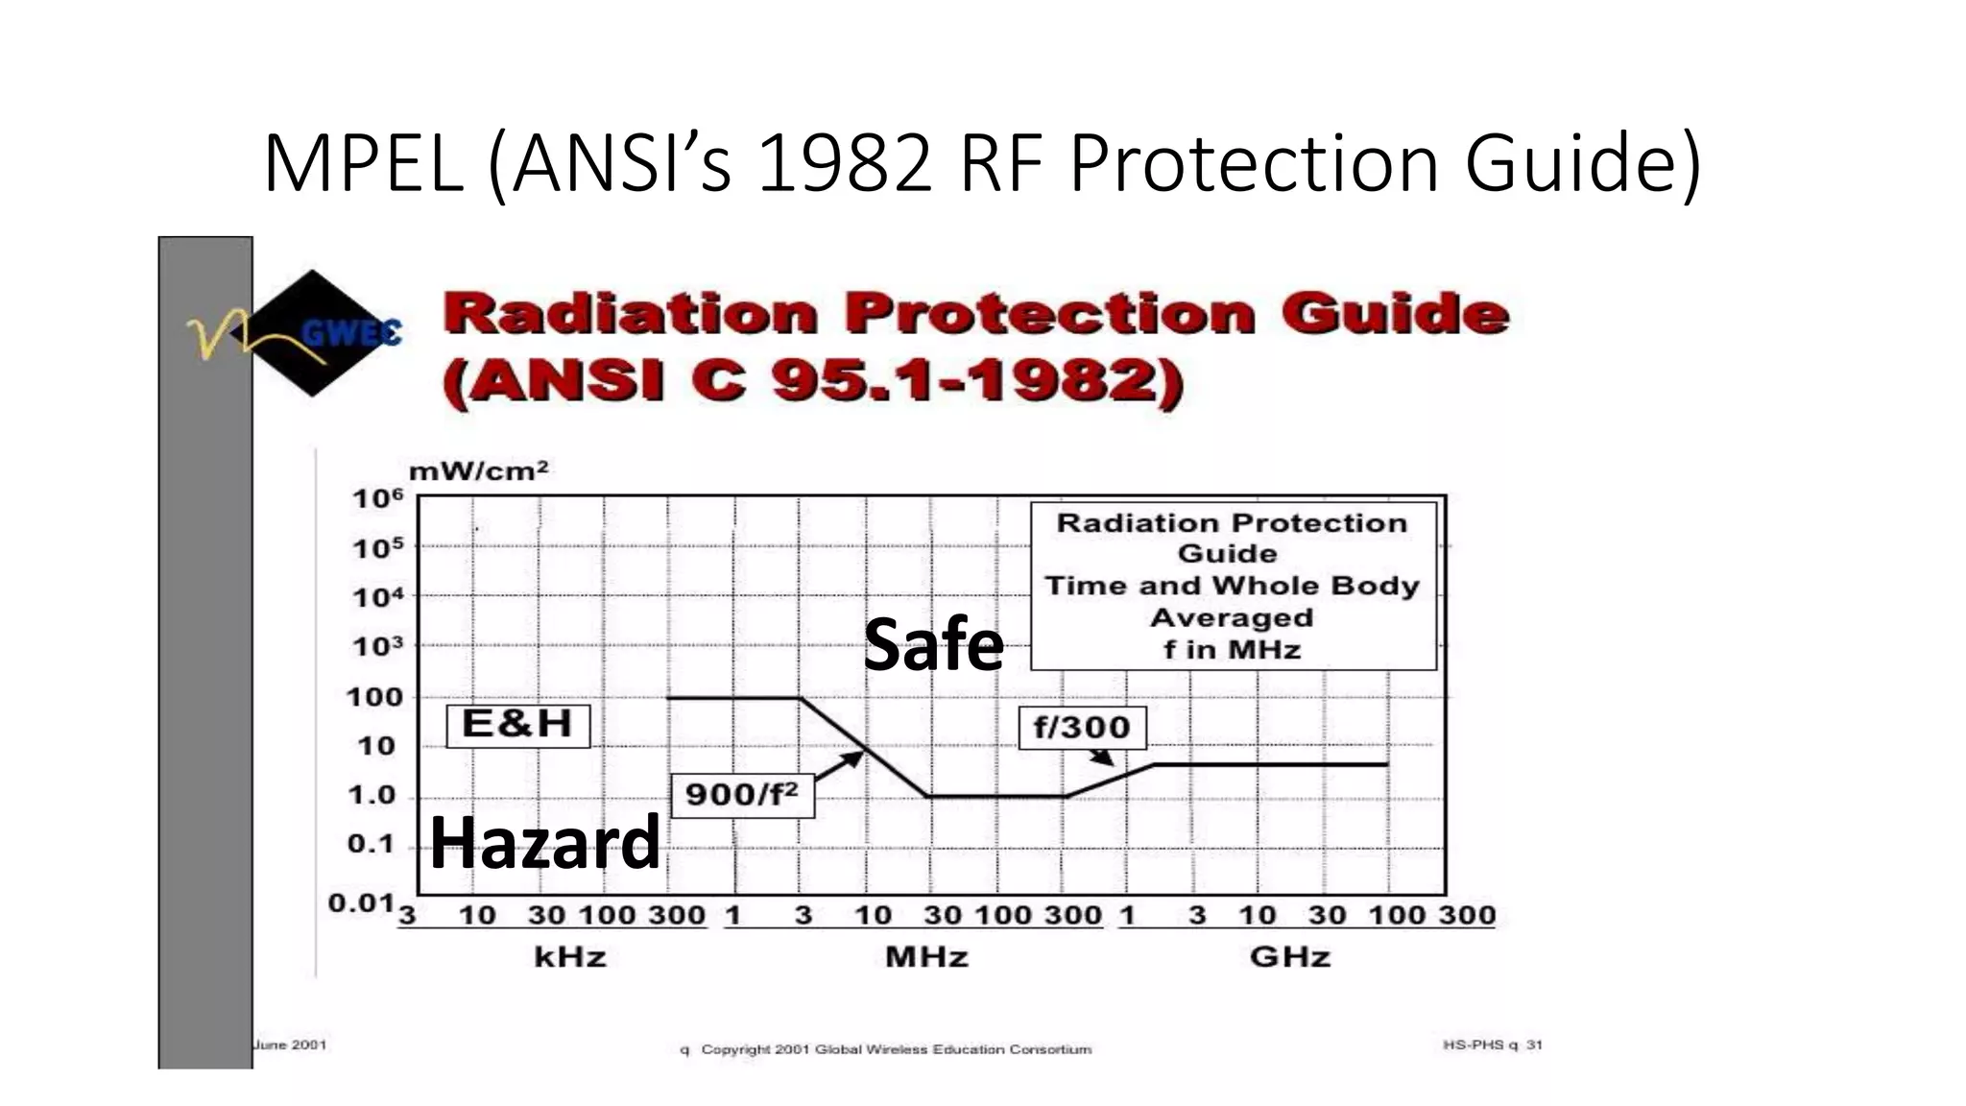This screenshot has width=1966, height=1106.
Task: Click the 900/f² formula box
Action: pyautogui.click(x=742, y=795)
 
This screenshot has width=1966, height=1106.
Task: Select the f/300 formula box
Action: pyautogui.click(x=1082, y=727)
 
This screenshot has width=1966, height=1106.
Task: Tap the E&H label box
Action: pyautogui.click(x=517, y=724)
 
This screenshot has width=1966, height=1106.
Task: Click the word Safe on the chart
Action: pyautogui.click(x=933, y=644)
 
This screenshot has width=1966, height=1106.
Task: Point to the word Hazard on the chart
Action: pyautogui.click(x=544, y=842)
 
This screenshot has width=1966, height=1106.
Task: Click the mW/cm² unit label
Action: pyautogui.click(x=478, y=471)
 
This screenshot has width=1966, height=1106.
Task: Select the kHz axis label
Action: pyautogui.click(x=570, y=957)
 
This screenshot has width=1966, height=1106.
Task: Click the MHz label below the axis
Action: pyautogui.click(x=926, y=957)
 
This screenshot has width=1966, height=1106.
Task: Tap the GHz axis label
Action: pyautogui.click(x=1289, y=957)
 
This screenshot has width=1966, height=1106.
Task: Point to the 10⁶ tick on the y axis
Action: pyautogui.click(x=377, y=498)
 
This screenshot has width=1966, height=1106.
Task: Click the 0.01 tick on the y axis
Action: pyautogui.click(x=361, y=903)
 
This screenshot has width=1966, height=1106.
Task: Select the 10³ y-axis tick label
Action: pyautogui.click(x=377, y=647)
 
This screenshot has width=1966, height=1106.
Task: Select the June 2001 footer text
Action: pyautogui.click(x=290, y=1045)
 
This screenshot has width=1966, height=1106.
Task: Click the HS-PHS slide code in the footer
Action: pyautogui.click(x=1492, y=1045)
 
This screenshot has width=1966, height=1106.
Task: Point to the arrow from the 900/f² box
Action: pyautogui.click(x=839, y=766)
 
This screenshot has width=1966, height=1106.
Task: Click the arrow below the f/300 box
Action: pyautogui.click(x=1101, y=757)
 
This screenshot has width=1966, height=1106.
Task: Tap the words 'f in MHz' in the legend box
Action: pyautogui.click(x=1232, y=650)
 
